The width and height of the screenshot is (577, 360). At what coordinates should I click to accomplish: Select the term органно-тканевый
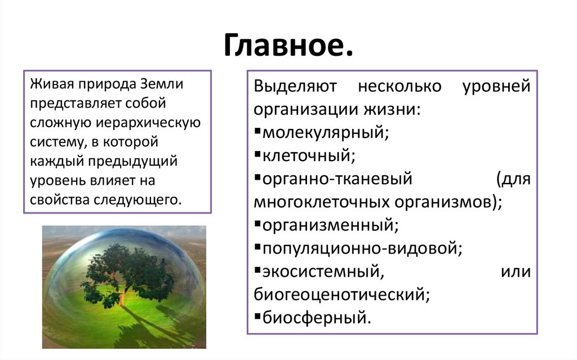[x=338, y=179]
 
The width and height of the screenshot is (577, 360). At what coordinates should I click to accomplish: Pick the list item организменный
[x=330, y=225]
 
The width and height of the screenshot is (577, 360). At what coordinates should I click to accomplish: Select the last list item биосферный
[x=317, y=317]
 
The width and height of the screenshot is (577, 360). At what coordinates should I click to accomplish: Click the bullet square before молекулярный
[x=257, y=131]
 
